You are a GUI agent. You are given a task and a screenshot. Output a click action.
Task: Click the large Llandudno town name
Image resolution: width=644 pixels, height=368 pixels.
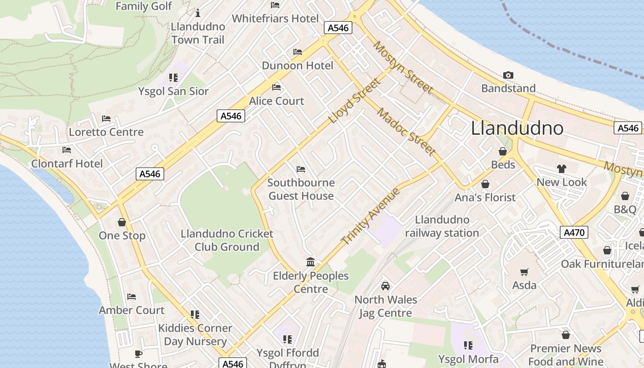click(517, 128)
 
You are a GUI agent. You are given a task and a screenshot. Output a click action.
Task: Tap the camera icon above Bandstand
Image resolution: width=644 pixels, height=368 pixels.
click(508, 75)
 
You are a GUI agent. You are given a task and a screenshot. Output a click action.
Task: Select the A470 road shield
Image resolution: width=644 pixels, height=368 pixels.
click(574, 232)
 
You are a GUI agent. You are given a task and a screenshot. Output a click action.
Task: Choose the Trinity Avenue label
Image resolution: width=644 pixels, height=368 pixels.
click(371, 216)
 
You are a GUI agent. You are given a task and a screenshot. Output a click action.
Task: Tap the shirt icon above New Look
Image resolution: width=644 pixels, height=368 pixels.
click(561, 169)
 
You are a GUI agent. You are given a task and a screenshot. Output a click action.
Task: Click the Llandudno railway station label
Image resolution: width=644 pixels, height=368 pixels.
click(442, 226)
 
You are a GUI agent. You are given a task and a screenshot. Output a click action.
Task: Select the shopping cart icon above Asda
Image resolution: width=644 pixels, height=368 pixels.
click(524, 272)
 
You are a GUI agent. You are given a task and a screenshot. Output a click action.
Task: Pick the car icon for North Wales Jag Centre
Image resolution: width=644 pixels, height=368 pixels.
click(385, 286)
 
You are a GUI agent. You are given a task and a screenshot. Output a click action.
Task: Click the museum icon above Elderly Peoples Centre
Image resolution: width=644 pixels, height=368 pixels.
click(310, 262)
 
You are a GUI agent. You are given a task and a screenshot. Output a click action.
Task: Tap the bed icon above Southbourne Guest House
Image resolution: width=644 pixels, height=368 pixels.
click(301, 169)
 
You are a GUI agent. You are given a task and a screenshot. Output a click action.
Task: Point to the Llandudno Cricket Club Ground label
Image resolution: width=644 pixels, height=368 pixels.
click(227, 240)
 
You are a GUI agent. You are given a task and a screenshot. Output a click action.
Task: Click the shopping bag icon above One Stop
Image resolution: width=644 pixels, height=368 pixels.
click(122, 223)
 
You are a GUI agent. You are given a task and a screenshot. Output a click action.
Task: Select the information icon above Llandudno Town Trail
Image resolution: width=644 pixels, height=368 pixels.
click(198, 13)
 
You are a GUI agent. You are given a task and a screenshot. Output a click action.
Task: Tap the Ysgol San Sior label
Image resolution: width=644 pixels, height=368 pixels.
click(173, 91)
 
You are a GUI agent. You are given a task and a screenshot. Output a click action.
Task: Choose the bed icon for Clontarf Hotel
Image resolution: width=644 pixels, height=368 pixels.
click(67, 150)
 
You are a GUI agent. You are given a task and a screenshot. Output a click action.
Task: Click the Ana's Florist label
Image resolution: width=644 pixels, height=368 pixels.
click(485, 197)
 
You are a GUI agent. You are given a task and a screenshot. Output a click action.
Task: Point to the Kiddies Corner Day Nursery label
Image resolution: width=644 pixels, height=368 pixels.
click(195, 334)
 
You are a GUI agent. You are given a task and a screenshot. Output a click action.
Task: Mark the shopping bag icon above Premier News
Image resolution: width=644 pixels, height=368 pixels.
click(566, 335)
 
